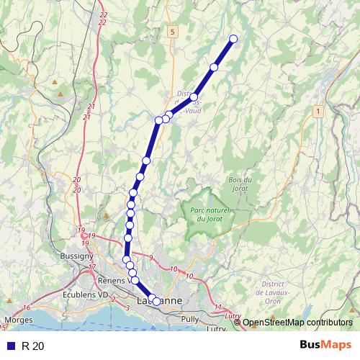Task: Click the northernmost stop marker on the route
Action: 233,39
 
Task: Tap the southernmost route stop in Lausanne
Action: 156,302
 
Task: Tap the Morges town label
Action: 19,319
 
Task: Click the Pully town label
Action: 191,318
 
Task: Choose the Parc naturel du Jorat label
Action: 210,213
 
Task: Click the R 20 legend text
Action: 32,346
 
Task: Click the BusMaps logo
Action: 325,346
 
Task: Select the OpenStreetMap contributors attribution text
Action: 297,323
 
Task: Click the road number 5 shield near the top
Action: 173,32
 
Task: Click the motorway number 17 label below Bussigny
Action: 92,267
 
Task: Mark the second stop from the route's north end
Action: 214,67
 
